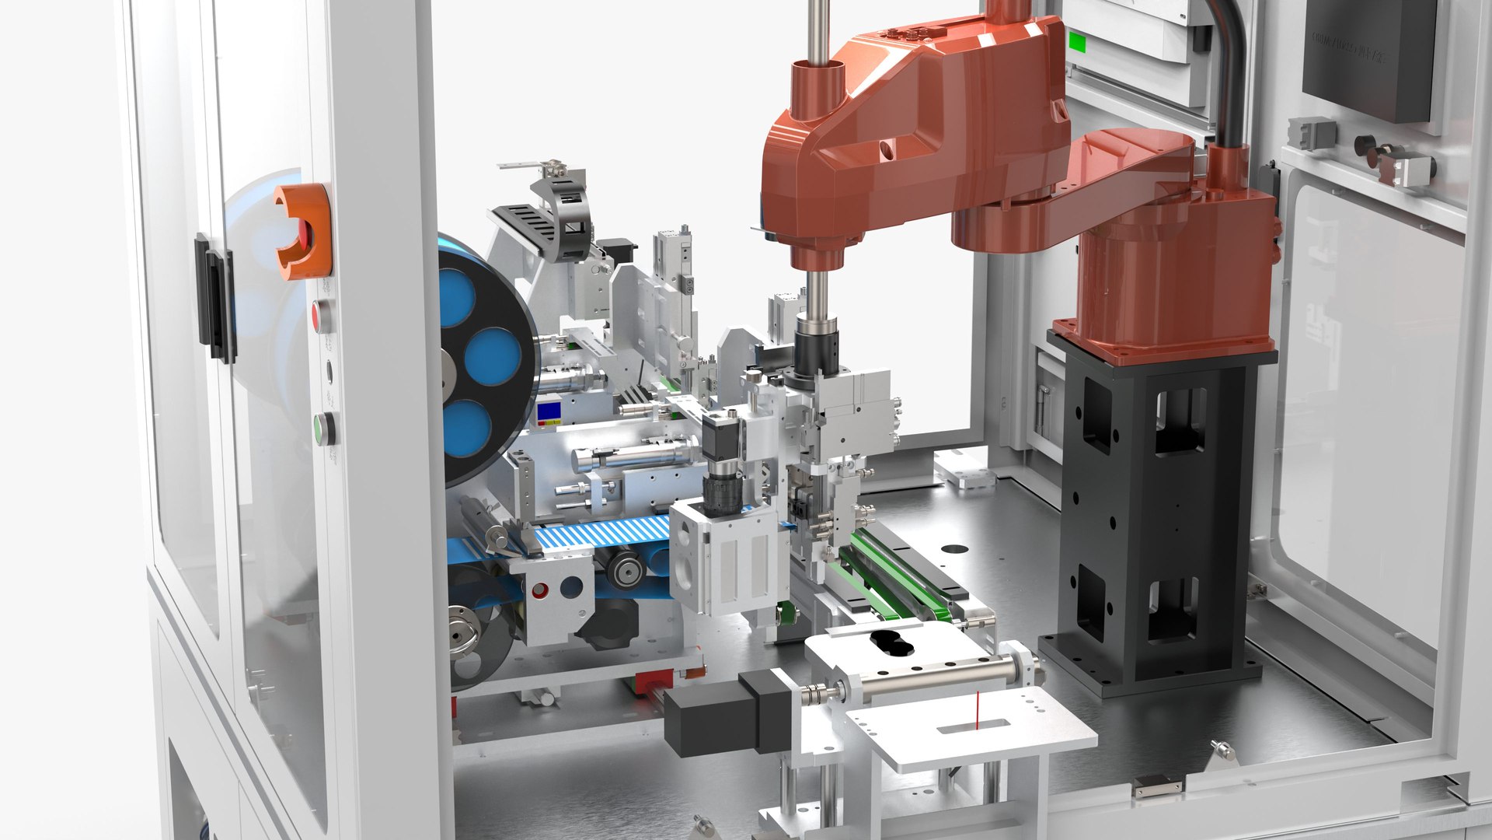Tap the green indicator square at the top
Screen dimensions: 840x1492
coord(1077,41)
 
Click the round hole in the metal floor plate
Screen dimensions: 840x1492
coord(955,549)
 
